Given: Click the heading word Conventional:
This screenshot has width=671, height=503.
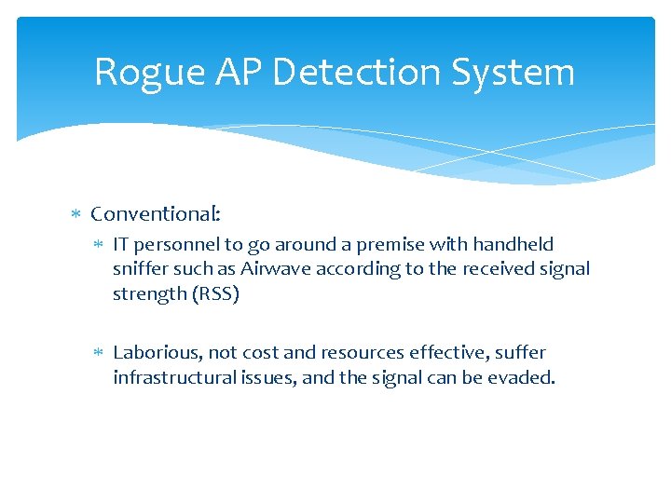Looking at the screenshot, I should pos(156,214).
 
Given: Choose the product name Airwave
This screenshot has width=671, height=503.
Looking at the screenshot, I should pos(274,269).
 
